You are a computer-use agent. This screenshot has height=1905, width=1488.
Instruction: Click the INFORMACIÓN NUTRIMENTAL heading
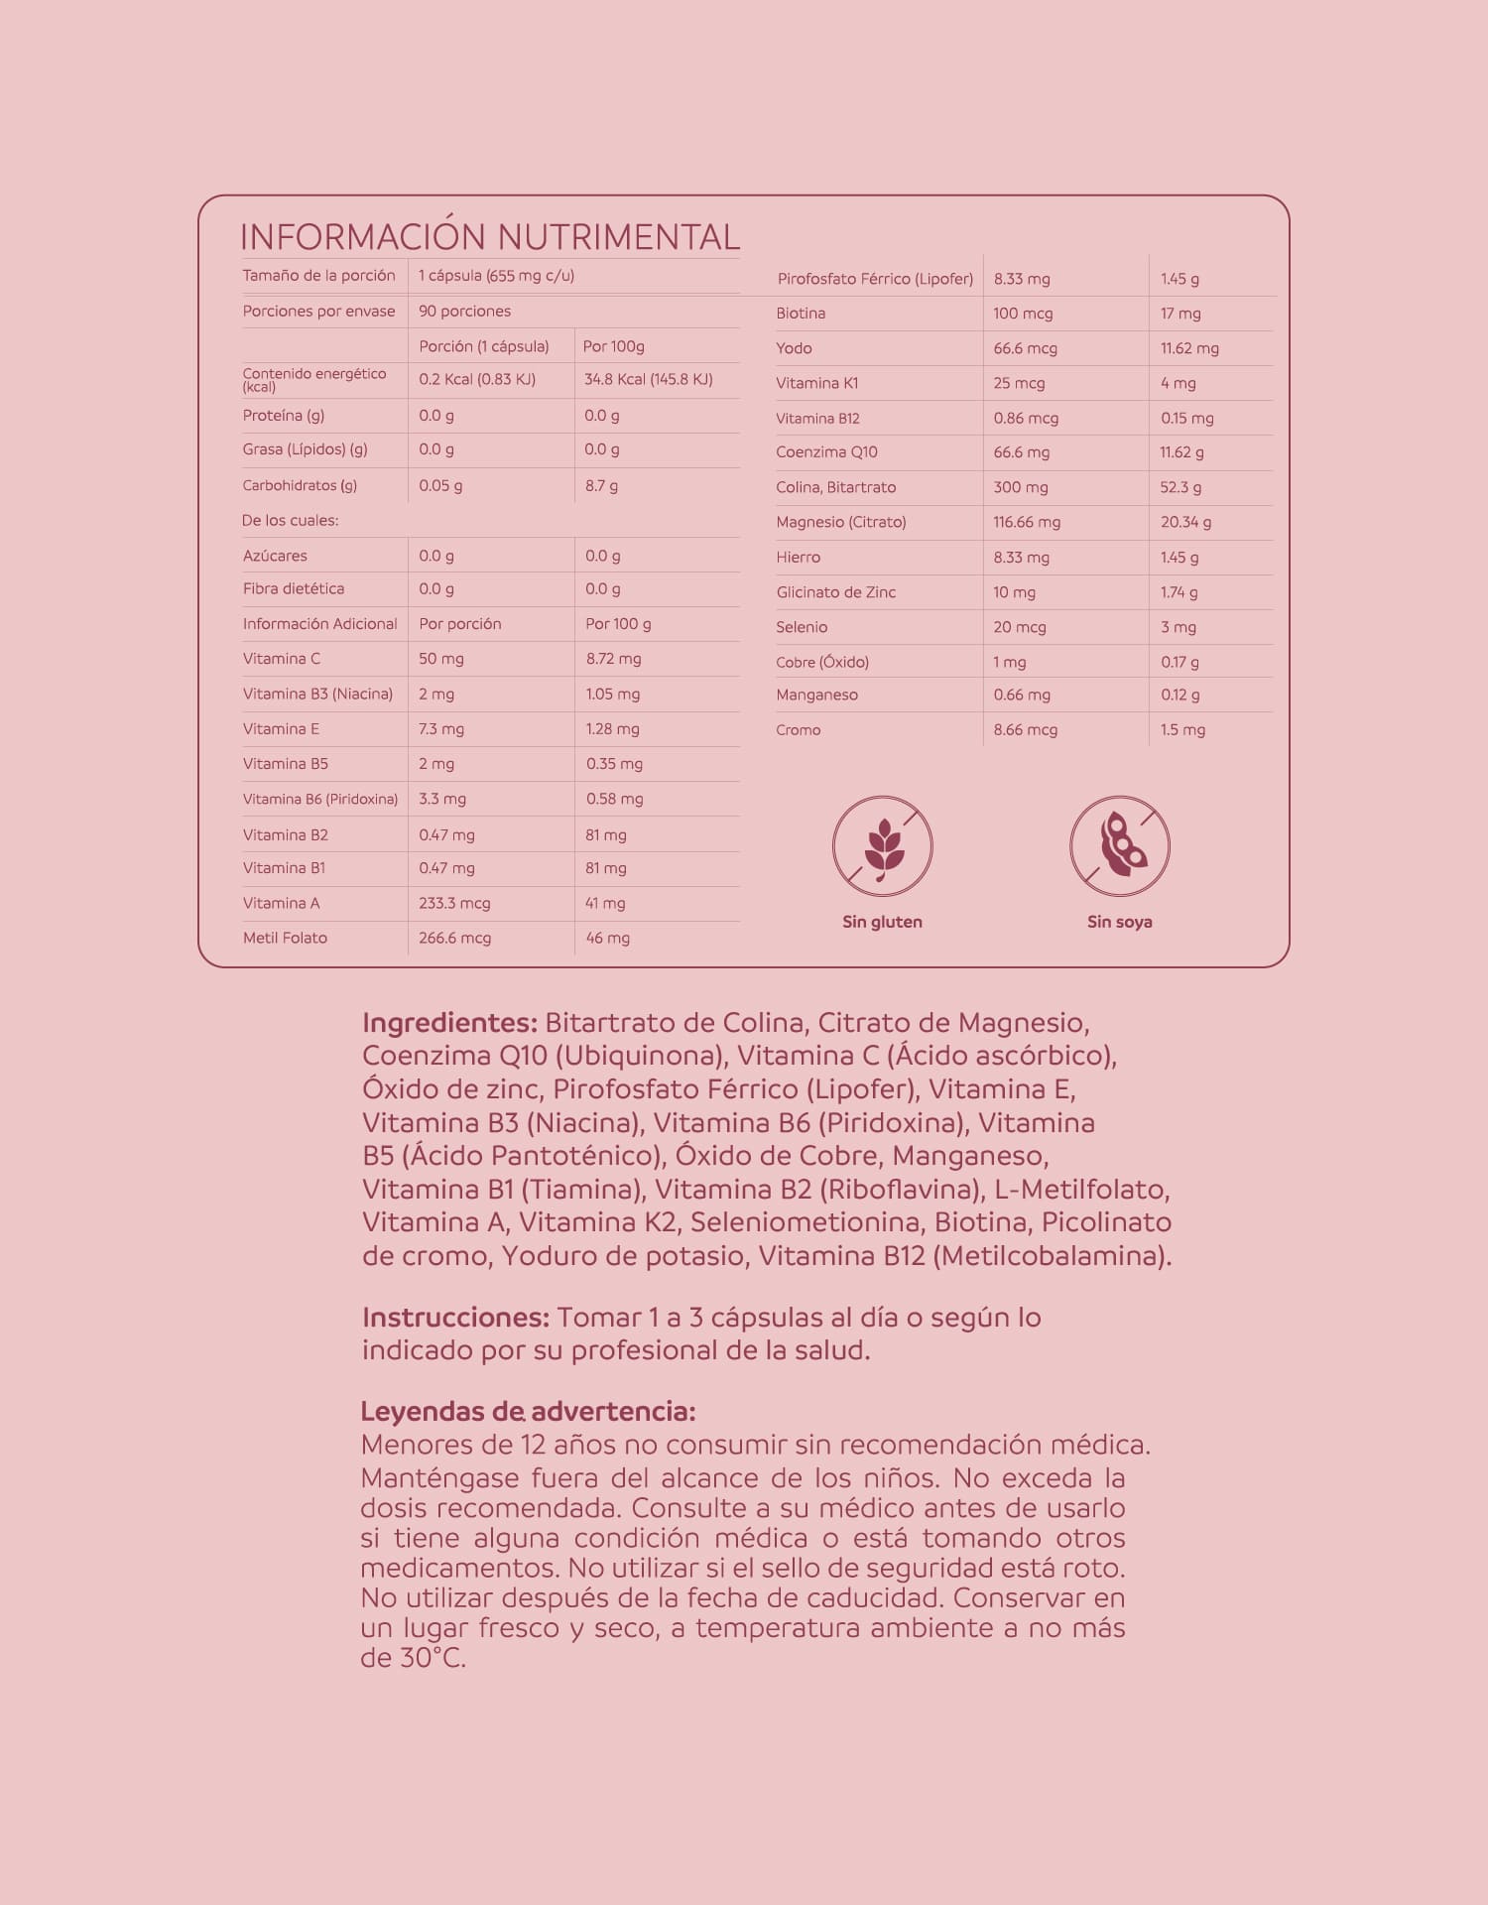click(x=489, y=237)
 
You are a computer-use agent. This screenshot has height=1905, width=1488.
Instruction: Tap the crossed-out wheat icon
click(x=882, y=846)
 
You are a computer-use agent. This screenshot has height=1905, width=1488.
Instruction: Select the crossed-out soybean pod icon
click(x=1119, y=846)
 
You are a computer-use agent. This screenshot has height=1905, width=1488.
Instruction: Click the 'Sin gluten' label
click(x=882, y=922)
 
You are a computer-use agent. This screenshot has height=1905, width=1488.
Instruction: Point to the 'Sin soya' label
click(x=1119, y=922)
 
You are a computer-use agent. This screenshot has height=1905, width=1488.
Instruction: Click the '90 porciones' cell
click(x=464, y=311)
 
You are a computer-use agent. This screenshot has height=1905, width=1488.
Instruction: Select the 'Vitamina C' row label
click(x=282, y=659)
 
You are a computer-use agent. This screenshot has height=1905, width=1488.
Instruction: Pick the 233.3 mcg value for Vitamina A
click(x=454, y=903)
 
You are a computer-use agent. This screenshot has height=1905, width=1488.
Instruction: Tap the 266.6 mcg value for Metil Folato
click(x=454, y=938)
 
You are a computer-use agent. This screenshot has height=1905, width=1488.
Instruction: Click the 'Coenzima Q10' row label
click(x=826, y=452)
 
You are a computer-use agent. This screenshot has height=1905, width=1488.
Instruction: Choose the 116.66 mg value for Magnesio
click(x=1027, y=522)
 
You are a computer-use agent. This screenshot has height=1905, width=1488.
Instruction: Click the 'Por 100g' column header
click(x=613, y=346)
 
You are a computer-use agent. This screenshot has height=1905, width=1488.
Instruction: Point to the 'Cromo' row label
click(x=799, y=730)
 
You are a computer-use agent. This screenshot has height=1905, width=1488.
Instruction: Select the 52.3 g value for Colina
click(x=1180, y=487)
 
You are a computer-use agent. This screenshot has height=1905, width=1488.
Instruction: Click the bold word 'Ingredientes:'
click(x=449, y=1023)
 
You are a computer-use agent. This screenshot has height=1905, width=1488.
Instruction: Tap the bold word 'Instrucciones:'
click(x=455, y=1318)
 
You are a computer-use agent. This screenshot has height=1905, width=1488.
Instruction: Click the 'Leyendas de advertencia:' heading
click(x=528, y=1411)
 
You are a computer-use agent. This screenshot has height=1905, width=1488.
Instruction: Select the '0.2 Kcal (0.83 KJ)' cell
click(x=477, y=379)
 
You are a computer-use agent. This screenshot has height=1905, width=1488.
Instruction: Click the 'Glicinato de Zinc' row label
click(x=835, y=592)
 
